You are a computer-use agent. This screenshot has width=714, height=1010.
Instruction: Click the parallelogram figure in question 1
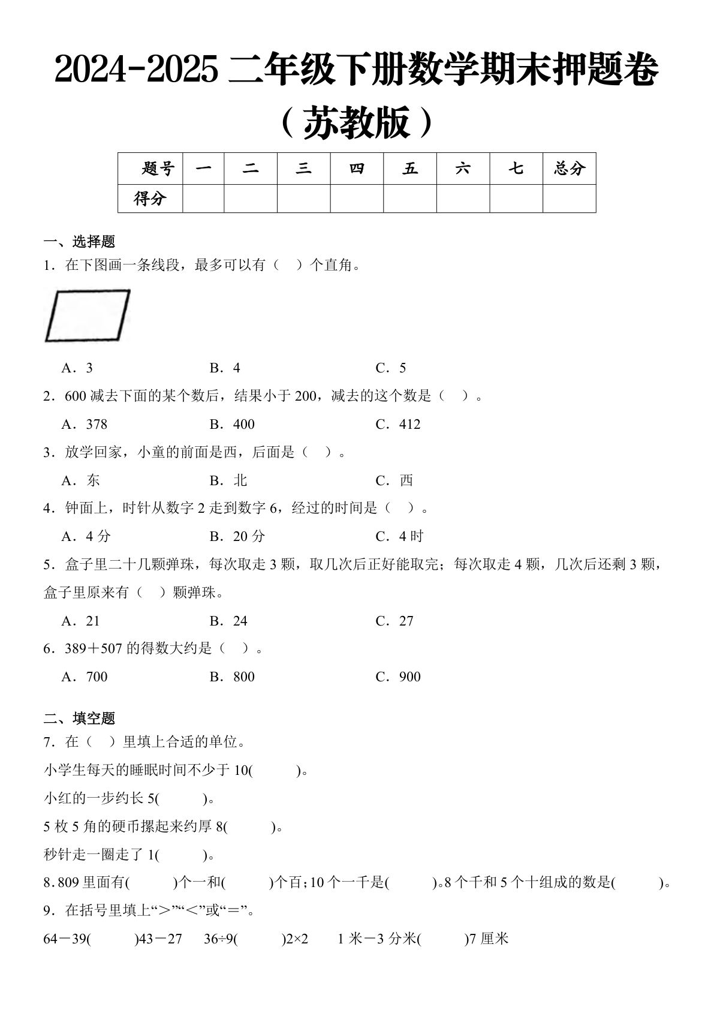(x=88, y=315)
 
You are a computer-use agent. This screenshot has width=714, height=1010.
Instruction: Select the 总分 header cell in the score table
(x=569, y=169)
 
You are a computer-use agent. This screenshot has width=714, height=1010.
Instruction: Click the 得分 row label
(x=150, y=199)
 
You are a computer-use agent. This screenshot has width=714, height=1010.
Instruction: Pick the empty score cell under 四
(x=357, y=199)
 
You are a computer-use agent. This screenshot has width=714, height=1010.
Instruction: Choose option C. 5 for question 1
(x=391, y=368)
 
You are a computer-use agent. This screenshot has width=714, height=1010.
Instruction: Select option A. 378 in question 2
(x=85, y=424)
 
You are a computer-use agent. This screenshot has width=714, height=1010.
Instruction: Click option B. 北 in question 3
(x=228, y=480)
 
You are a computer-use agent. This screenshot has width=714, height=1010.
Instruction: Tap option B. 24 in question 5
(x=228, y=621)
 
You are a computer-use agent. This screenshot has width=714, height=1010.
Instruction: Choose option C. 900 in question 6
(x=398, y=677)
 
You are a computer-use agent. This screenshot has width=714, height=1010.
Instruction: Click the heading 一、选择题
(x=79, y=242)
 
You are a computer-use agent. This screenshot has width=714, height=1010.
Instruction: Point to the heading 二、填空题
(x=79, y=718)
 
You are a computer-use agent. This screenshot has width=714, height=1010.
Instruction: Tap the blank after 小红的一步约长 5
(x=182, y=799)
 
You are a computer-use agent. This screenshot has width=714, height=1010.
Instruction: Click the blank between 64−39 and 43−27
(x=113, y=939)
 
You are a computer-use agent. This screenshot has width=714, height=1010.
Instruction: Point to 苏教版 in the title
(x=357, y=123)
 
